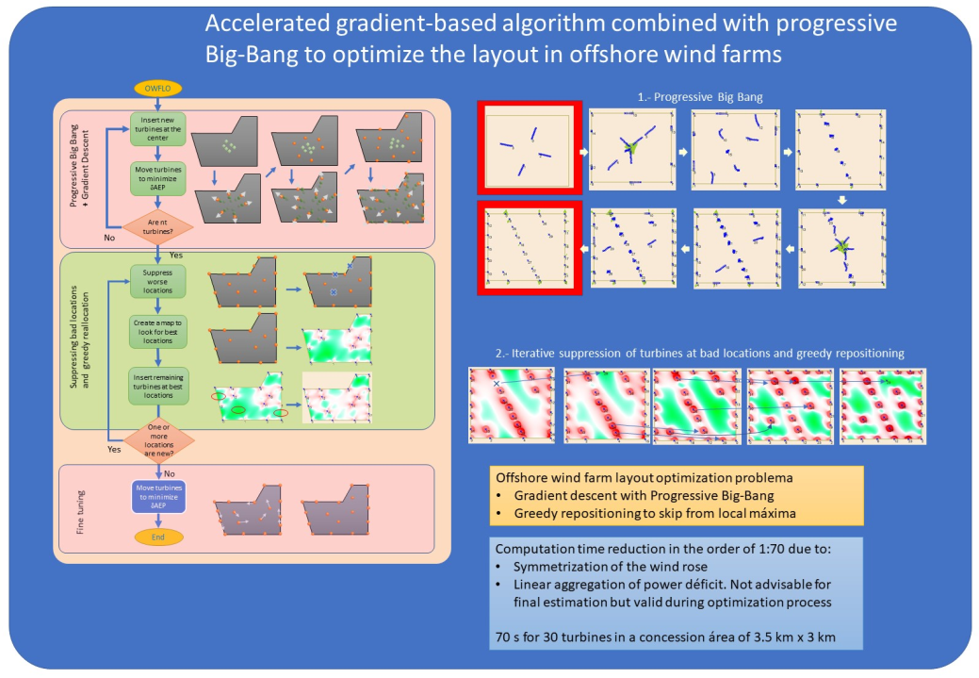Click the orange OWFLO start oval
(x=156, y=89)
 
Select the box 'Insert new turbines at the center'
(x=157, y=129)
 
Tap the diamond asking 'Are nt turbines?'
(x=157, y=226)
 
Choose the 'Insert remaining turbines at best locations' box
(x=157, y=385)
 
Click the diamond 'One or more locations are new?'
(x=157, y=438)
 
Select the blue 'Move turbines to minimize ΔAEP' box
(x=157, y=496)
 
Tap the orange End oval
(x=157, y=537)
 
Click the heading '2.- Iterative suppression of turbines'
(x=686, y=353)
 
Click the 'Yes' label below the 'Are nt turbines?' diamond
(x=175, y=256)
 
